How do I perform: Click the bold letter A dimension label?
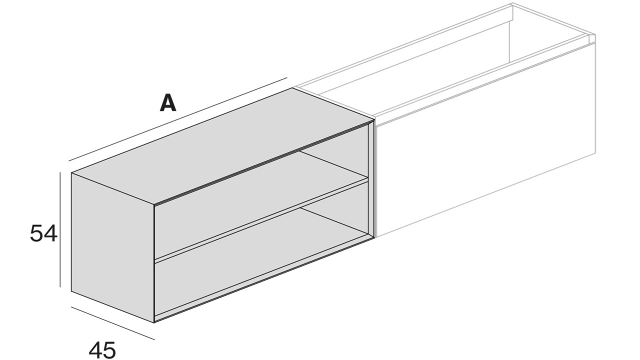pos(168,103)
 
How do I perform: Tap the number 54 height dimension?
pos(43,233)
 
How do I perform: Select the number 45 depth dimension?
pos(102,349)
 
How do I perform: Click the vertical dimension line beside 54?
pos(60,229)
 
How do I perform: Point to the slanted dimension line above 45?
pos(113,323)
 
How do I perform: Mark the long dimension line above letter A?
pos(177,119)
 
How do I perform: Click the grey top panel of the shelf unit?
pos(223,145)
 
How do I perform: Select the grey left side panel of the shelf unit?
pos(112,247)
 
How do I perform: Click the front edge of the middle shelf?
pos(261,219)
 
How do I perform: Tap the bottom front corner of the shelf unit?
pos(154,323)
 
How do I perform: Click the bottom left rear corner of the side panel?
pos(71,291)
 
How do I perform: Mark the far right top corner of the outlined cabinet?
pos(595,35)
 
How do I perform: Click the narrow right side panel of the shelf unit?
pos(371,179)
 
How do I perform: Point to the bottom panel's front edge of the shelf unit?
pos(264,278)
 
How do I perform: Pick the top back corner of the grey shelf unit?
pos(292,88)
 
